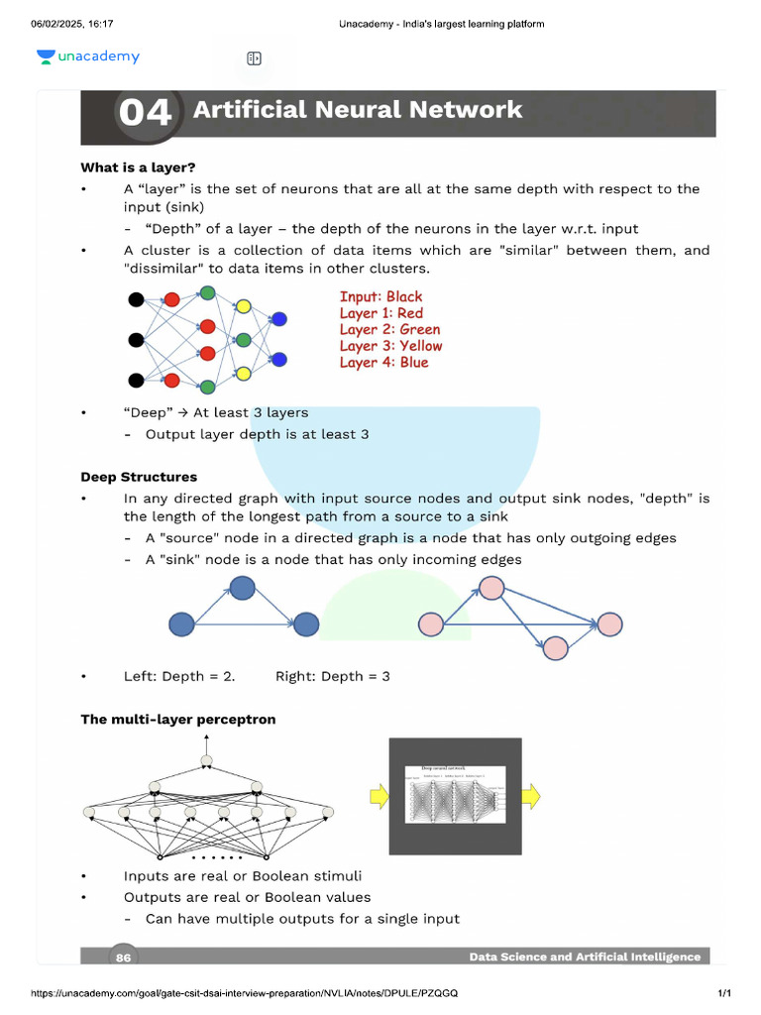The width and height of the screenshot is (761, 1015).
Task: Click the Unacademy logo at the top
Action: coord(88,57)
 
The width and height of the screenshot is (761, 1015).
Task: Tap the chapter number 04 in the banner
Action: coord(145,113)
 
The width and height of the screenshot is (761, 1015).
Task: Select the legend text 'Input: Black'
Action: coord(380,296)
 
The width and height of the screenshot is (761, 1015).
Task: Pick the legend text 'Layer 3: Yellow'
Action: coord(390,346)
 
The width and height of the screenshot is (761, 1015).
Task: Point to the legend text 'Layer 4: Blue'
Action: coord(383,363)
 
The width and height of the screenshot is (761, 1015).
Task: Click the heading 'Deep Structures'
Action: coord(139,477)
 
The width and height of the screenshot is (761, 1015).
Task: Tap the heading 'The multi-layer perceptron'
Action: coord(178,719)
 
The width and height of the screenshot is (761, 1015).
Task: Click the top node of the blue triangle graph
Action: coord(243,588)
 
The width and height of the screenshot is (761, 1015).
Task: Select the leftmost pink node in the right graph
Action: coord(431,624)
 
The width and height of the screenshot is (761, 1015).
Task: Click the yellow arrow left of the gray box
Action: coord(378,795)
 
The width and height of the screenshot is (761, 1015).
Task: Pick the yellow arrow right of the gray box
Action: coord(531,795)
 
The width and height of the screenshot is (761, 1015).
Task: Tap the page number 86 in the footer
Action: coord(124,958)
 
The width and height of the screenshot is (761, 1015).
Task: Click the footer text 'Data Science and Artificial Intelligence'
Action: coord(585,958)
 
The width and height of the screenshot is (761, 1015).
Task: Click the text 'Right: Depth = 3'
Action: coord(333,676)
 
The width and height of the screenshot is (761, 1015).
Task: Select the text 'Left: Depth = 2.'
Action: coord(179,676)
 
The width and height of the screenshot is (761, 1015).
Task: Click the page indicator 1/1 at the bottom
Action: coord(723,993)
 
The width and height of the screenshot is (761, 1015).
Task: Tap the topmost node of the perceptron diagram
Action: coord(206,761)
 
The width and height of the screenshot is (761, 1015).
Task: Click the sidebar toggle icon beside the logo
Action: coord(254,58)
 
